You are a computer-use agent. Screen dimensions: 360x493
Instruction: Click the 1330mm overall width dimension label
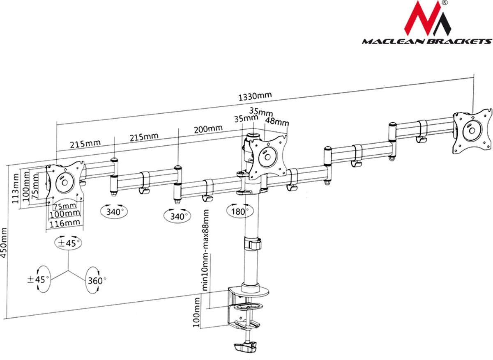[x=255, y=96]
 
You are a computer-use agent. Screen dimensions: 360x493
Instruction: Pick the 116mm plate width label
[x=65, y=222]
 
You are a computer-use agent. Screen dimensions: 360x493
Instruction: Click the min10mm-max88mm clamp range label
[x=206, y=250]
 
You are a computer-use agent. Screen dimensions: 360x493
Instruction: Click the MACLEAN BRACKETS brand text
[x=426, y=41]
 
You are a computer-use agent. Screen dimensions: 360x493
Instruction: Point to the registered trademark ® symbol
[x=445, y=3]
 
